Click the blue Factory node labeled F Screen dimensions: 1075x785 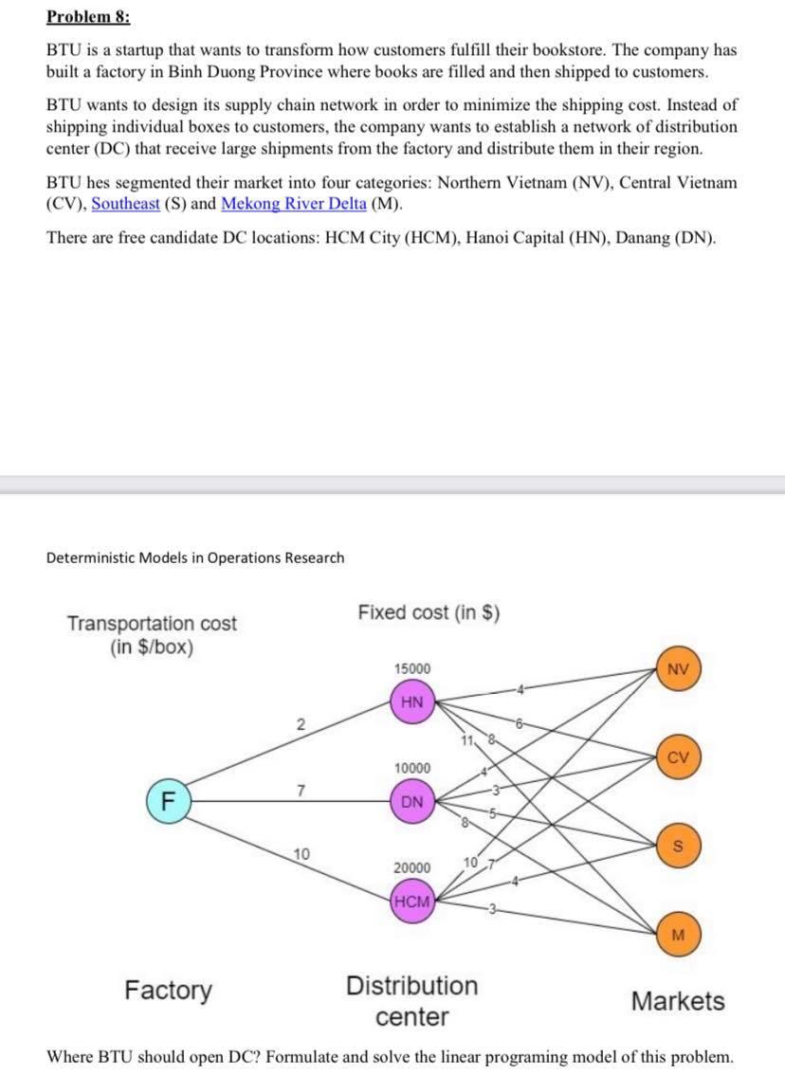tap(167, 798)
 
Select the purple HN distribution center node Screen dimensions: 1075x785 tap(412, 702)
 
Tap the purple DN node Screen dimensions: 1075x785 tap(412, 801)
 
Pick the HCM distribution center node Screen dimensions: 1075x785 tap(412, 901)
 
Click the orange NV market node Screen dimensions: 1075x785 tap(677, 668)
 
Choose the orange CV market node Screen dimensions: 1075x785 tap(677, 756)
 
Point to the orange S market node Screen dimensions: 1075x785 tap(677, 844)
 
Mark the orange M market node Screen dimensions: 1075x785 tap(677, 933)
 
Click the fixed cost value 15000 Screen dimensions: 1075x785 tap(411, 668)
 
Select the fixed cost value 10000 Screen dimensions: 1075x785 tap(411, 767)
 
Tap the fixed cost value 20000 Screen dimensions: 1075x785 tap(411, 866)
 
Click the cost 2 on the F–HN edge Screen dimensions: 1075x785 tap(300, 725)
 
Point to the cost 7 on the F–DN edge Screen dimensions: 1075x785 tap(300, 790)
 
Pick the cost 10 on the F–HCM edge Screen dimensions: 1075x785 tap(301, 854)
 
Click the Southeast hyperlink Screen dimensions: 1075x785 tap(125, 204)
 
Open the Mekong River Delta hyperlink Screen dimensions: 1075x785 tap(293, 204)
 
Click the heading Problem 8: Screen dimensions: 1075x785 tap(89, 18)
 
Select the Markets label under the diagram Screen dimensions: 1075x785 tap(677, 1000)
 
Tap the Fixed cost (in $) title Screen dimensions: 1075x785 tap(429, 612)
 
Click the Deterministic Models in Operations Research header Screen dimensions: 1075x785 tap(195, 557)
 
